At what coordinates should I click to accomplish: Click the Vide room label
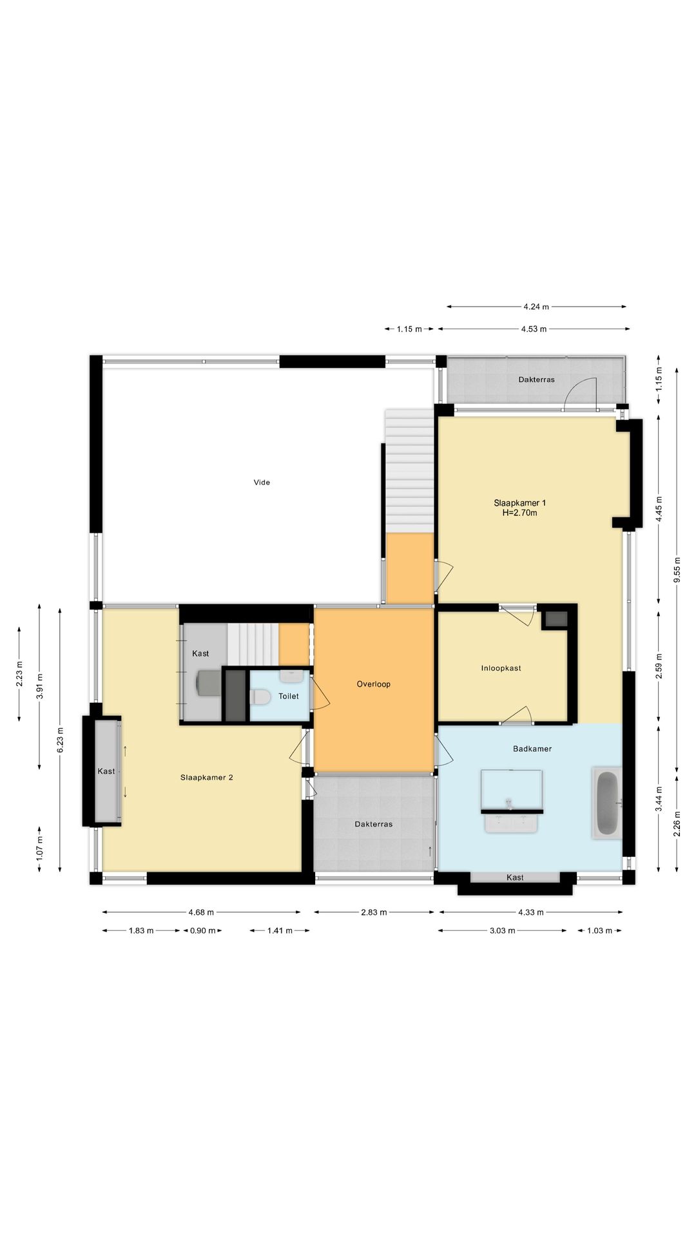click(262, 483)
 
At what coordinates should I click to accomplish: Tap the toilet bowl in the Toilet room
click(260, 697)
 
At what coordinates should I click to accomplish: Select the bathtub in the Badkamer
click(607, 803)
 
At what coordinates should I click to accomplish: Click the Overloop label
click(374, 684)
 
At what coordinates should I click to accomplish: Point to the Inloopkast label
click(501, 668)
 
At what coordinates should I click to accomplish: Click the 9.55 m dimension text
click(677, 569)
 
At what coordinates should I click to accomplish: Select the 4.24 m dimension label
click(536, 307)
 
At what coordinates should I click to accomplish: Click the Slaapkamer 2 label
click(207, 778)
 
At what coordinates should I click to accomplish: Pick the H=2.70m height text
click(520, 513)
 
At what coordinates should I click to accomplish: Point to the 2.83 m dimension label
click(374, 912)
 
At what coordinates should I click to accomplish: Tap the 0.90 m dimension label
click(203, 930)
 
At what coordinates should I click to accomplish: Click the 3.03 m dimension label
click(503, 930)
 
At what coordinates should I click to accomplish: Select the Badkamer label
click(532, 749)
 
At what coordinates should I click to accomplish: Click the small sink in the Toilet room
click(292, 676)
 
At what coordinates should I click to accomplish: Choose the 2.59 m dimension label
click(659, 666)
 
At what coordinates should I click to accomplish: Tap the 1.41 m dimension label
click(280, 930)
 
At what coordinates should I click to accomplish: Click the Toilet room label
click(289, 696)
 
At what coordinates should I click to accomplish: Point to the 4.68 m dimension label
click(201, 912)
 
